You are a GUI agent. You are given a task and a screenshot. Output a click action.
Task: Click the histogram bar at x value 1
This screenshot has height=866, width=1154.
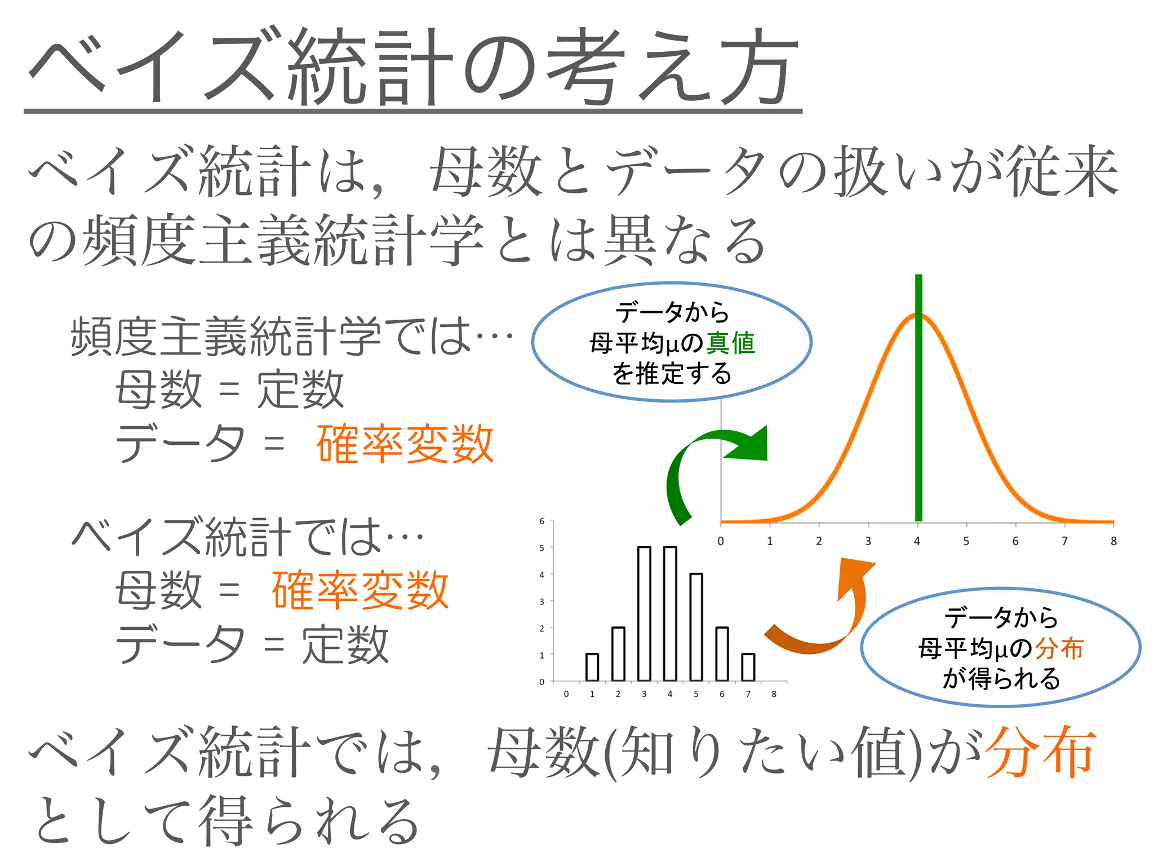tap(592, 668)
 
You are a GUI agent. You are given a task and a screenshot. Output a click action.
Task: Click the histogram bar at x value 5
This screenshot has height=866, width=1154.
tap(696, 627)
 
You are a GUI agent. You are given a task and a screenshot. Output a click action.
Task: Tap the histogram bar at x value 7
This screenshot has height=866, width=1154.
tap(748, 668)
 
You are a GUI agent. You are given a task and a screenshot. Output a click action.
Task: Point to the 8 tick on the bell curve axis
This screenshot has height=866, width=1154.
tap(1113, 541)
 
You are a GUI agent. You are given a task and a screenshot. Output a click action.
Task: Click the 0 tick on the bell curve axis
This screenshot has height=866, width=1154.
tap(721, 541)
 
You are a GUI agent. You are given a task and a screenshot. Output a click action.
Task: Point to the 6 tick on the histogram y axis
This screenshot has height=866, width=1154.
tap(542, 521)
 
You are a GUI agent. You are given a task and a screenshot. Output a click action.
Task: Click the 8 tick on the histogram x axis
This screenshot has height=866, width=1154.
tap(774, 694)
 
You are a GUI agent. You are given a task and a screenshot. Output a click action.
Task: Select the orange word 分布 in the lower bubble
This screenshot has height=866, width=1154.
tap(1059, 648)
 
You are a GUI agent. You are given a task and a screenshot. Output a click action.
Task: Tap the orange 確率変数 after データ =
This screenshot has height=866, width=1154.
tap(405, 444)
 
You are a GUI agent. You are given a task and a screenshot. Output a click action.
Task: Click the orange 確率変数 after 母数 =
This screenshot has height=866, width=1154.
tap(360, 590)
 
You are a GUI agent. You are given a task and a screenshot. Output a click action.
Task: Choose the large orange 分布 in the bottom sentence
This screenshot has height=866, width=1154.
tap(1041, 753)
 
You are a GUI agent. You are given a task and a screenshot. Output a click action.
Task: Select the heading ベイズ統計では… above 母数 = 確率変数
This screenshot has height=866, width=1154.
tap(248, 537)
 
